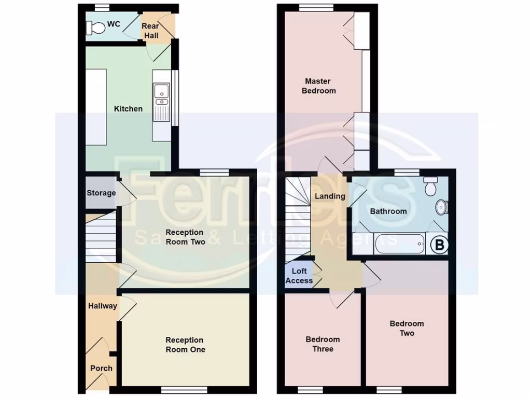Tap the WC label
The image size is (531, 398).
[x=113, y=24]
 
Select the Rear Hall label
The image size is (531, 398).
[x=150, y=31]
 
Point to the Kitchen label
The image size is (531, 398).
[x=128, y=109]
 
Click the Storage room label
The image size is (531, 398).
[x=101, y=193]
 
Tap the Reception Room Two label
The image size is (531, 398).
[x=185, y=237]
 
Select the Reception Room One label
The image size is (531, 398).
[x=185, y=345]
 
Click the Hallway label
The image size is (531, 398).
[x=102, y=306]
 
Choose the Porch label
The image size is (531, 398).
[x=101, y=368]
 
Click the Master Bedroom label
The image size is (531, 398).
[x=318, y=86]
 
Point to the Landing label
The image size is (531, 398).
[x=330, y=196]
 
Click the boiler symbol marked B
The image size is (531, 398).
[x=439, y=245]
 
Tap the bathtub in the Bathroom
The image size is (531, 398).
[x=399, y=244]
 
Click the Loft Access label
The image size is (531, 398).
[x=299, y=276]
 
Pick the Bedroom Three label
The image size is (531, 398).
[x=323, y=344]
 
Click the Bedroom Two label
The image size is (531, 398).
[x=407, y=328]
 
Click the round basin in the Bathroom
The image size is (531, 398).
[x=442, y=207]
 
